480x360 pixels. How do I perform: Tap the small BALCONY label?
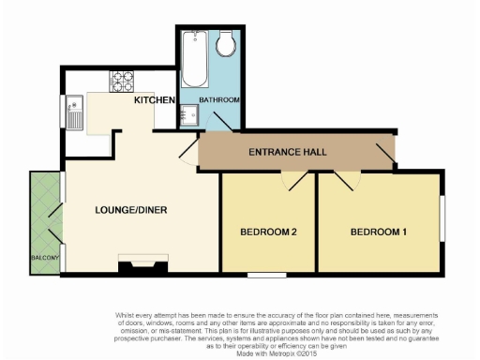click(x=45, y=258)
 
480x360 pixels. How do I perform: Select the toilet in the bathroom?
click(x=226, y=45)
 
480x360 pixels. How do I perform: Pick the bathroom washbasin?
click(x=190, y=113)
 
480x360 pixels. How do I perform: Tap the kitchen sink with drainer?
click(x=76, y=112)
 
